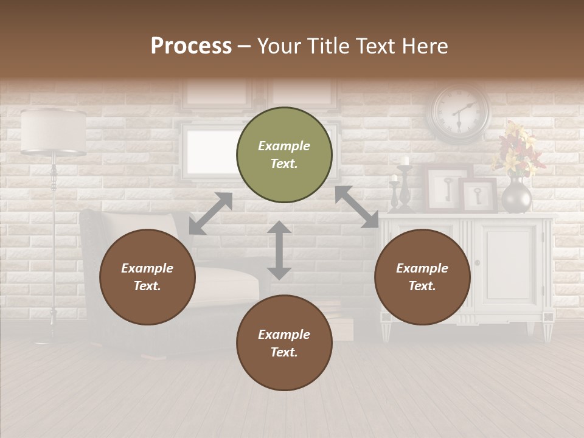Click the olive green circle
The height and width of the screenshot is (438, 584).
[x=284, y=155]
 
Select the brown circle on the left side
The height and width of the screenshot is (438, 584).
[x=147, y=277]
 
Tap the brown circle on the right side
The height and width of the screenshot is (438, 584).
[x=422, y=277]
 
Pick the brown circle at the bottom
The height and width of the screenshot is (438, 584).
[x=284, y=343]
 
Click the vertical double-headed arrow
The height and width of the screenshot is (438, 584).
[x=279, y=251]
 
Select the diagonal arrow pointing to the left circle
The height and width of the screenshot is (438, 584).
[x=210, y=214]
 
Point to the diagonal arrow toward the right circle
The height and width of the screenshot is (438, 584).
[x=357, y=207]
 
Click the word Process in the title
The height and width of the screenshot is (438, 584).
[x=191, y=46]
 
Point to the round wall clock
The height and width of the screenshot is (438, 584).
[x=460, y=113]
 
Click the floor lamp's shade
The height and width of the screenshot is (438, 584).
[x=53, y=131]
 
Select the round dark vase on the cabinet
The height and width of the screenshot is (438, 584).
[x=516, y=196]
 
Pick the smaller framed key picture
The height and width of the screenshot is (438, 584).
[x=479, y=195]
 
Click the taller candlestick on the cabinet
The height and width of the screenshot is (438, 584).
[x=405, y=185]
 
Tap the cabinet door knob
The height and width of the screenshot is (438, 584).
[x=477, y=263]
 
